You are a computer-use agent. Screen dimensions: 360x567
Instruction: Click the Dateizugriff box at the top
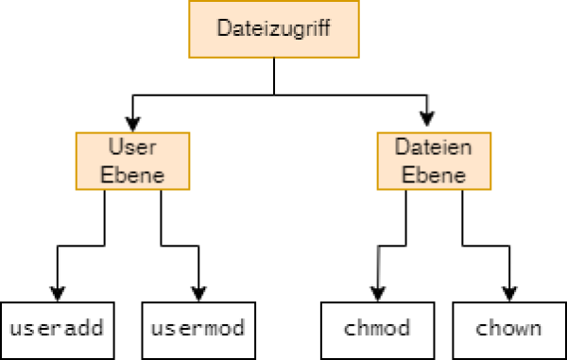point(274,28)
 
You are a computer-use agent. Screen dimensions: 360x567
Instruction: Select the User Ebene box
point(132,161)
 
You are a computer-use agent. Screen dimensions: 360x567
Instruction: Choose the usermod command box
point(198,329)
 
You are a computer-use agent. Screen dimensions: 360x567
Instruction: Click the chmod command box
point(378,329)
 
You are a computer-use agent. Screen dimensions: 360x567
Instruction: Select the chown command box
point(509,329)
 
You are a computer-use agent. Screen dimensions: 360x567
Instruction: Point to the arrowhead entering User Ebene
point(132,124)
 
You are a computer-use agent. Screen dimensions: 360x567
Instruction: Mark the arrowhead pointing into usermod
point(198,294)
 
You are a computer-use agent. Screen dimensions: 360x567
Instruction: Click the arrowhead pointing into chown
point(510,294)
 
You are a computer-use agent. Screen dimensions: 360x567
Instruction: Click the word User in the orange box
point(132,148)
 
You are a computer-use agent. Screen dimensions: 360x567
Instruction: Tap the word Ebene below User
point(132,175)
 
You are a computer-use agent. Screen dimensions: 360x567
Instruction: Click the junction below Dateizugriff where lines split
point(274,94)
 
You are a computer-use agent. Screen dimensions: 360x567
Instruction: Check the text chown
point(509,329)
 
